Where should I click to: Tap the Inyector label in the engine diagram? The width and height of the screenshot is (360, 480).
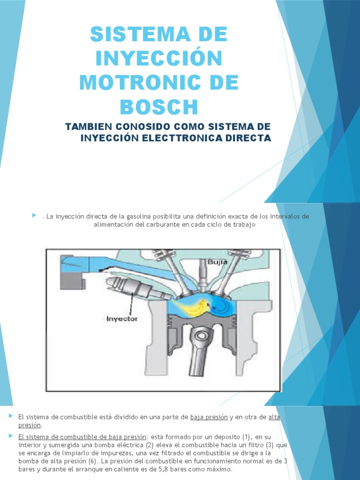pos(122,318)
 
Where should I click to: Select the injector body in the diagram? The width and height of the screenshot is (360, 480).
pos(127,286)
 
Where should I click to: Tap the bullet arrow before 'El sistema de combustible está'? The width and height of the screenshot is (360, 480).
pos(11,416)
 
